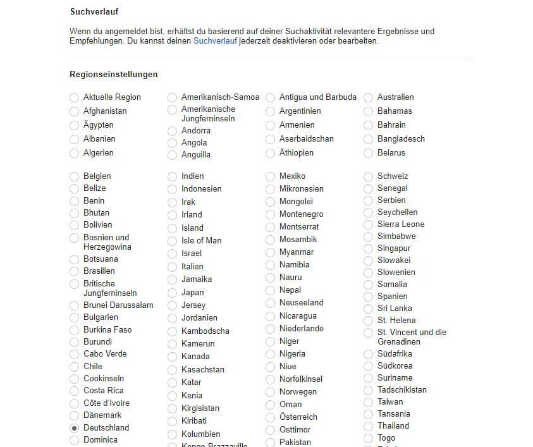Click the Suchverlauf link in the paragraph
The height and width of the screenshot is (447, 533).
click(x=216, y=41)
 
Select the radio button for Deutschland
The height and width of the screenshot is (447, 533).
click(x=75, y=428)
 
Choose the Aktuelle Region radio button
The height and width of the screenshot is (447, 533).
click(x=75, y=97)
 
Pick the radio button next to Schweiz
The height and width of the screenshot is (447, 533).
click(x=369, y=176)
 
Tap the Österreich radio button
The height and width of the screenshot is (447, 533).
click(x=271, y=417)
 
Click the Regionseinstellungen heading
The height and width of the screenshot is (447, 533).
click(x=114, y=75)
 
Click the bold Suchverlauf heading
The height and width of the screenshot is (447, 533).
click(x=94, y=11)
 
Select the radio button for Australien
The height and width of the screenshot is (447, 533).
click(x=369, y=97)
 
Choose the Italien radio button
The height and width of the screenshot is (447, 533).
click(x=173, y=267)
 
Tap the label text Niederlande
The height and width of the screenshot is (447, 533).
click(x=301, y=329)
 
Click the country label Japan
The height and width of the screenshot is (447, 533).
click(x=192, y=293)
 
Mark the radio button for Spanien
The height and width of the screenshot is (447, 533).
click(x=369, y=297)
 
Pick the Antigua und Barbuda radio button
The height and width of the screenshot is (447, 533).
click(x=271, y=97)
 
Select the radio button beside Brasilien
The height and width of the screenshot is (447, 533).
click(x=75, y=271)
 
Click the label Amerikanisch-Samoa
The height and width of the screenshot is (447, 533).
click(x=220, y=97)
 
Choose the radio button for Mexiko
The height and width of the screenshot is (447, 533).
click(x=271, y=176)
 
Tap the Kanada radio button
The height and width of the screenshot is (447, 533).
click(x=173, y=357)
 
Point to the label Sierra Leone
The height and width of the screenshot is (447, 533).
click(x=401, y=224)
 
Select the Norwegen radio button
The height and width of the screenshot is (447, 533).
click(x=271, y=392)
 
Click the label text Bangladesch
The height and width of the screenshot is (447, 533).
click(x=401, y=139)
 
